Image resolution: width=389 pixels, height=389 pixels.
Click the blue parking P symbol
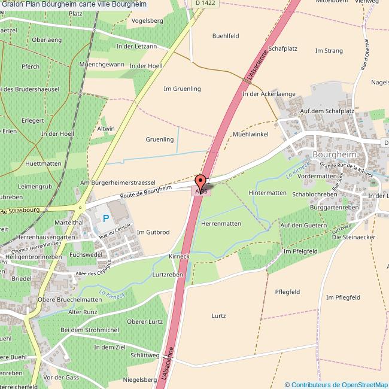click(106, 219)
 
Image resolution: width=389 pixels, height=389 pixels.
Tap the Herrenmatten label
click(221, 223)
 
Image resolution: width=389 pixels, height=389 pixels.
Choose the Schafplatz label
click(282, 48)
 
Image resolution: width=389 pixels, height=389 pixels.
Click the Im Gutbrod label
click(153, 232)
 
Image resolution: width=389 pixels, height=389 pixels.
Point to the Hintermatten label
click(268, 193)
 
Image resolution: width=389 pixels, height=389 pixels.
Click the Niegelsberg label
click(139, 379)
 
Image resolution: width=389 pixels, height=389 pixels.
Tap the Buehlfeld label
click(226, 36)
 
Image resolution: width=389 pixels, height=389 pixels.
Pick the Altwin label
click(106, 129)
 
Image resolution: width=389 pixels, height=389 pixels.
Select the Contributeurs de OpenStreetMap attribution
click(336, 384)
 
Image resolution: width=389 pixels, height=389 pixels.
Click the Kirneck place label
click(179, 256)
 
